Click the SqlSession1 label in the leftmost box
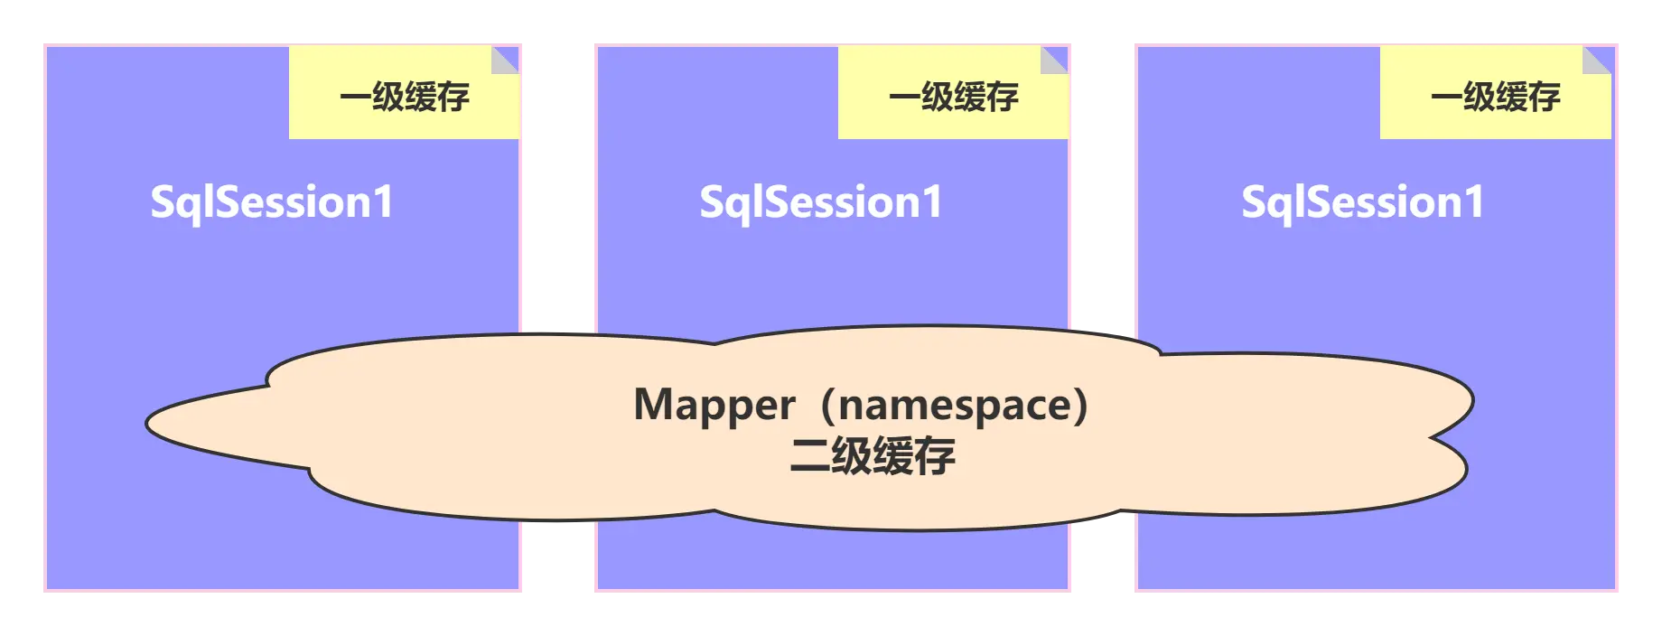[x=272, y=201]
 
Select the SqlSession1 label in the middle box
[x=821, y=201]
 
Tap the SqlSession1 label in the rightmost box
[x=1363, y=201]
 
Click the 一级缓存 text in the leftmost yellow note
[x=405, y=97]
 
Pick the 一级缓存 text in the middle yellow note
[x=954, y=97]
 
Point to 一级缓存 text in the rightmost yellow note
[x=1496, y=97]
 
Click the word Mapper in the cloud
[x=714, y=405]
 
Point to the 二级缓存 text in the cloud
[x=873, y=456]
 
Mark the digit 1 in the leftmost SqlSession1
[x=384, y=201]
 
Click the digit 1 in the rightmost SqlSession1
[x=1475, y=201]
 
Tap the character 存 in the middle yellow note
[x=1003, y=97]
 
